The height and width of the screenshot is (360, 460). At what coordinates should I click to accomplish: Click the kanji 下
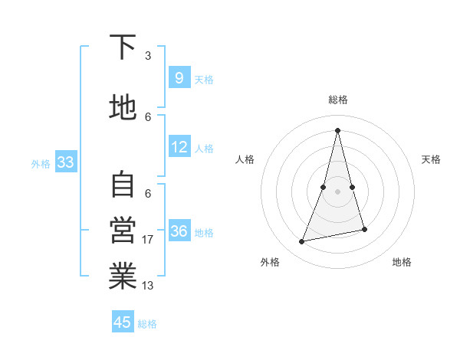(123, 47)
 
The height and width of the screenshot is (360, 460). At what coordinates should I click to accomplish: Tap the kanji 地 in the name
(123, 108)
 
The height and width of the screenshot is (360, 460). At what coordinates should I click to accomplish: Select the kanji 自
(123, 185)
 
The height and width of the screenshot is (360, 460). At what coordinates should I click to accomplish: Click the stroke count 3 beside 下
(148, 56)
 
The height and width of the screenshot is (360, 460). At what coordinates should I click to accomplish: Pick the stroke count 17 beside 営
(148, 240)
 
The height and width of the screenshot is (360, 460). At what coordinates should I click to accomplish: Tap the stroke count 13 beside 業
(148, 286)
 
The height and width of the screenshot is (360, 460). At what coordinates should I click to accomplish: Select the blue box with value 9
(179, 78)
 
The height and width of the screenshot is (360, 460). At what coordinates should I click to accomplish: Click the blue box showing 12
(179, 147)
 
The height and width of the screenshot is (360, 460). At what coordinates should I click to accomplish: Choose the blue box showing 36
(179, 231)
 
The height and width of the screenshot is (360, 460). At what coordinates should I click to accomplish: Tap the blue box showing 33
(65, 162)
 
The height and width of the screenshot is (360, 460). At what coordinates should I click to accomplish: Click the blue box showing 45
(123, 322)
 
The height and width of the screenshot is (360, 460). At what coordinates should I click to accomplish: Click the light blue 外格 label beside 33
(41, 163)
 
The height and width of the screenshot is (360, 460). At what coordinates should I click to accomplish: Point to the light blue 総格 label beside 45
(147, 324)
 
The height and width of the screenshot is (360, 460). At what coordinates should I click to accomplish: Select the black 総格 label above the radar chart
(337, 100)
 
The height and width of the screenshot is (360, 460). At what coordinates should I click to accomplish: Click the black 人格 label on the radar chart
(245, 159)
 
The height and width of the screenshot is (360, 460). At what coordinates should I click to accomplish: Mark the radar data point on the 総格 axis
(337, 130)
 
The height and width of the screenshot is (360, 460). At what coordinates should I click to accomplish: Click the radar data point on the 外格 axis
(302, 242)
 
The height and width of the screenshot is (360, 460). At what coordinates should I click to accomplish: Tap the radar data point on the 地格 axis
(364, 230)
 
